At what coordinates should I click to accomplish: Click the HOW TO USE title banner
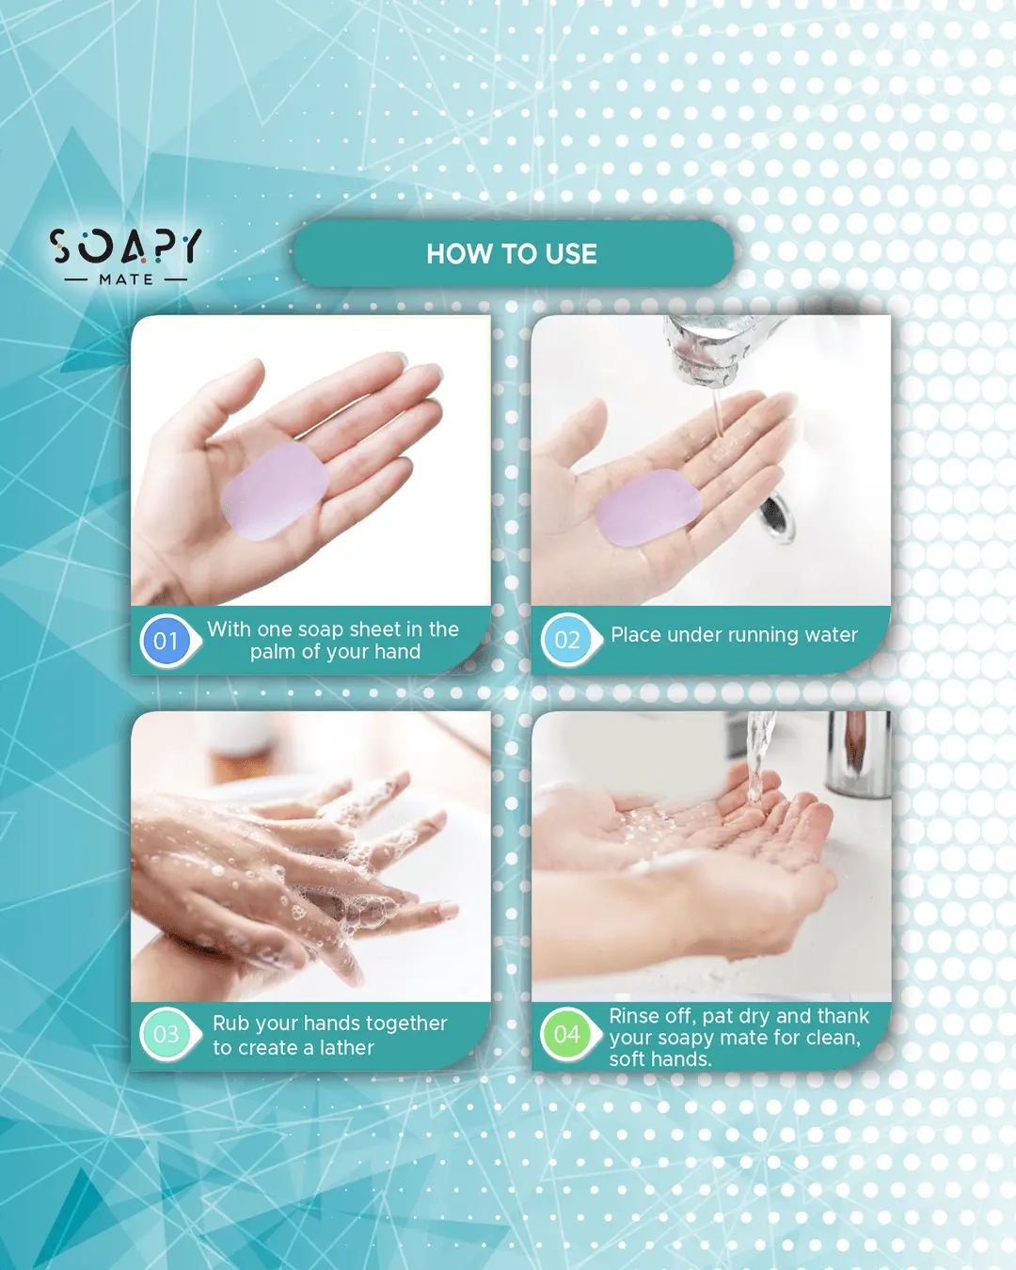click(512, 254)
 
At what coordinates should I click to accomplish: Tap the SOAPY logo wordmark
click(125, 246)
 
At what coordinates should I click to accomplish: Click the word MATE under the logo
click(126, 279)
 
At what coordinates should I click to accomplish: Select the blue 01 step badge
click(167, 641)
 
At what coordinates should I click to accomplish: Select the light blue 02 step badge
click(567, 641)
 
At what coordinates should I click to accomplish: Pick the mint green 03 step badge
click(167, 1034)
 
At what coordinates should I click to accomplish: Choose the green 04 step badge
click(567, 1034)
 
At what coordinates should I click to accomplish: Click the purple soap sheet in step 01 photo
click(275, 491)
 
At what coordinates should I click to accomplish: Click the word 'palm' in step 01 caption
click(273, 652)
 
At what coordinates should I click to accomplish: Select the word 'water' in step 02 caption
click(831, 635)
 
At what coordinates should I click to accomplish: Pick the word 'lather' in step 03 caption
click(346, 1048)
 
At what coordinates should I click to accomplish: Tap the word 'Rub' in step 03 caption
click(231, 1023)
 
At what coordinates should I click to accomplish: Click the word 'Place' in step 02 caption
click(636, 635)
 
